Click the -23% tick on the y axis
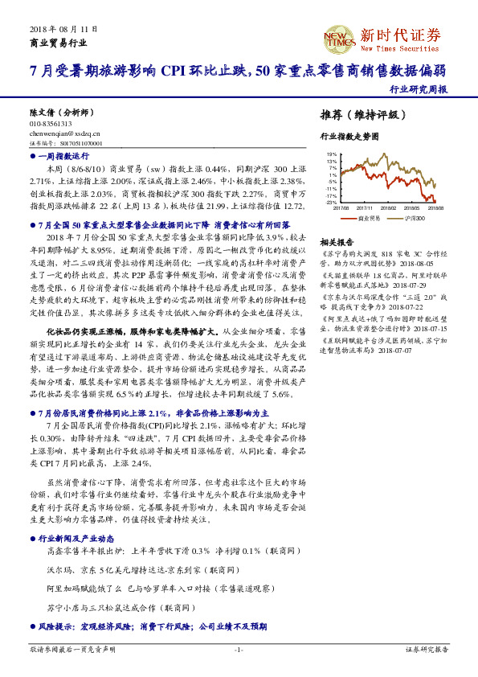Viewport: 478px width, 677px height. click(331, 203)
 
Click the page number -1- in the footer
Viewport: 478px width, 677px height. click(239, 649)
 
